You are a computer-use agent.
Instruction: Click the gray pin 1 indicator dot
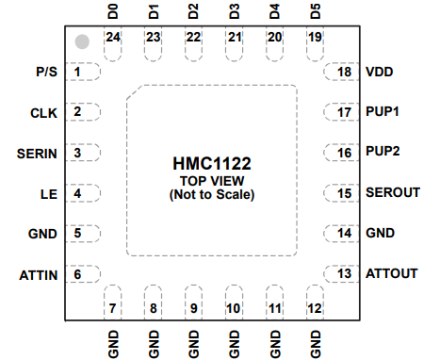pyautogui.click(x=82, y=42)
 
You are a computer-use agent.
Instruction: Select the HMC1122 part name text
pyautogui.click(x=211, y=163)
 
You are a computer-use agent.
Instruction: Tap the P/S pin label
pyautogui.click(x=45, y=72)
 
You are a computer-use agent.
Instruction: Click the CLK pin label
pyautogui.click(x=43, y=112)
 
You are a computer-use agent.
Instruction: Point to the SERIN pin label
pyautogui.click(x=39, y=153)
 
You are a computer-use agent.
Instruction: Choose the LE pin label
pyautogui.click(x=49, y=193)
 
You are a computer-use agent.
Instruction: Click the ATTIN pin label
pyautogui.click(x=39, y=274)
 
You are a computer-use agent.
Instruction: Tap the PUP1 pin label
pyautogui.click(x=383, y=112)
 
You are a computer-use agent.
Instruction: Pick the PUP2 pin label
pyautogui.click(x=383, y=151)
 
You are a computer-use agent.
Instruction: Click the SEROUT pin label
pyautogui.click(x=392, y=192)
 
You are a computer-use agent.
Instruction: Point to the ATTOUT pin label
pyautogui.click(x=390, y=273)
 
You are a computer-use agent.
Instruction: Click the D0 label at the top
pyautogui.click(x=113, y=12)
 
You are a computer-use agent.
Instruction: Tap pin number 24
pyautogui.click(x=113, y=38)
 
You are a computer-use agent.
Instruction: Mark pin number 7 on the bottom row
pyautogui.click(x=113, y=308)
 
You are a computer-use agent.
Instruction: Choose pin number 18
pyautogui.click(x=345, y=72)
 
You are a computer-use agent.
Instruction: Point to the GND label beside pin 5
pyautogui.click(x=43, y=233)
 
